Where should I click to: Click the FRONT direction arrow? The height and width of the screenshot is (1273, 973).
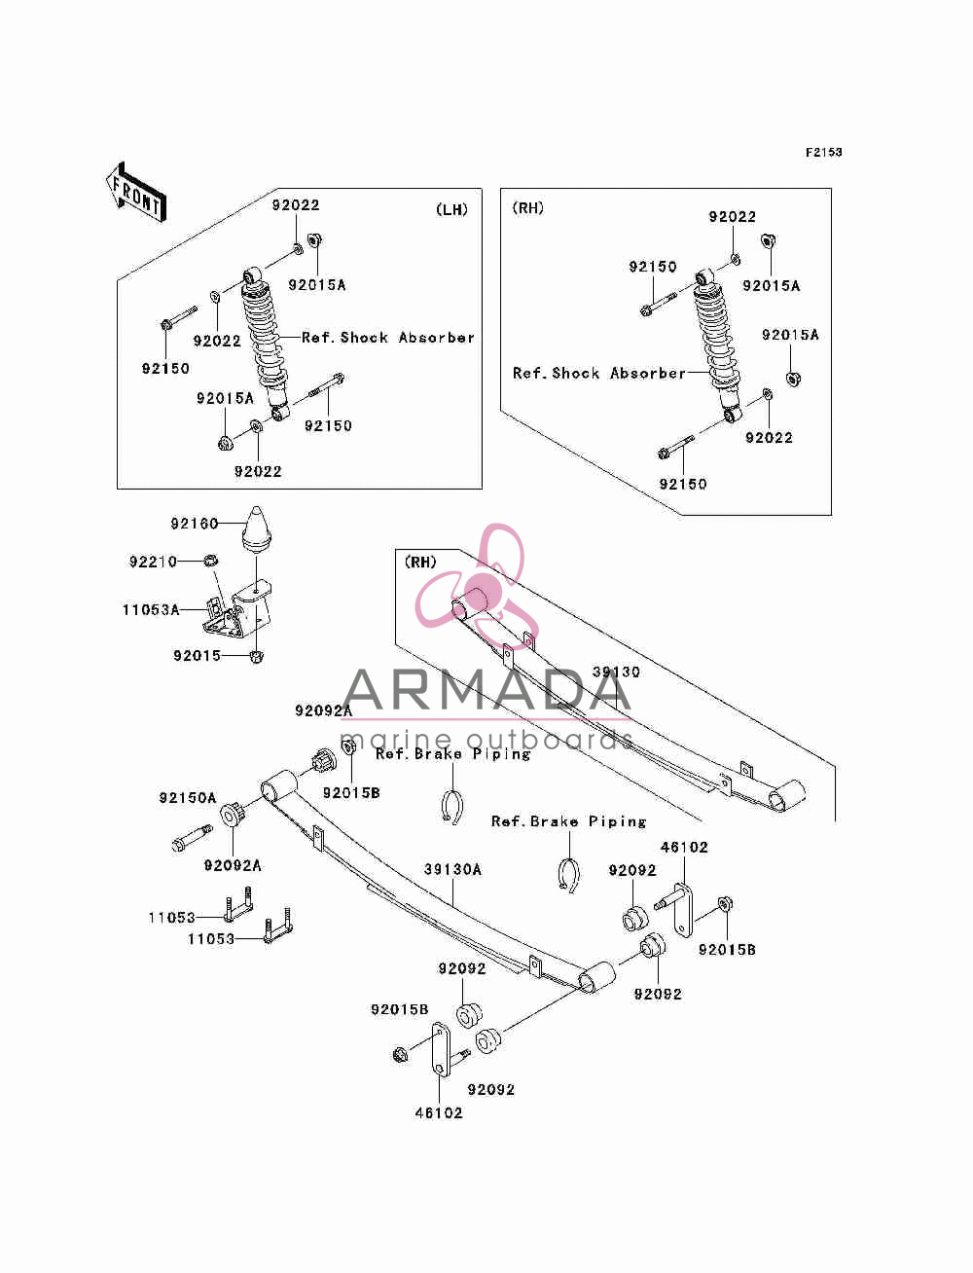(136, 192)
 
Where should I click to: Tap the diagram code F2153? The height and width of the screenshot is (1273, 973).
(823, 153)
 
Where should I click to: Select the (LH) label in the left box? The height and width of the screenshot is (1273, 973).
(451, 210)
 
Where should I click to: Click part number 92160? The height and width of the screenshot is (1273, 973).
(195, 524)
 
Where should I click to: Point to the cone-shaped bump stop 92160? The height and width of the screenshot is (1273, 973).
(256, 528)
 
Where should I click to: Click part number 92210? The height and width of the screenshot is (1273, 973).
(153, 562)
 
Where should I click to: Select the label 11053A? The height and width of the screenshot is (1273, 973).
(151, 609)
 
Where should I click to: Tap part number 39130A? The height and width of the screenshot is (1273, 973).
(452, 869)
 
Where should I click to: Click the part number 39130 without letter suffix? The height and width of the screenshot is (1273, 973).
(616, 672)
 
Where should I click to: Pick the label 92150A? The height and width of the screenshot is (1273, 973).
(188, 798)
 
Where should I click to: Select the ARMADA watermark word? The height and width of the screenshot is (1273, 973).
(486, 689)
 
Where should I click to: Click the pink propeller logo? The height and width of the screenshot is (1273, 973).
(477, 585)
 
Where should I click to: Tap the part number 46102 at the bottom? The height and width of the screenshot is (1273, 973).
(439, 1113)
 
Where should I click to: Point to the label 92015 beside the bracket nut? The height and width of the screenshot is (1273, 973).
(198, 656)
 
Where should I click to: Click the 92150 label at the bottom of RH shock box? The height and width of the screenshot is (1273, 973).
(683, 484)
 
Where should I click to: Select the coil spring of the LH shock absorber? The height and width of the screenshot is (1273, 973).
(264, 337)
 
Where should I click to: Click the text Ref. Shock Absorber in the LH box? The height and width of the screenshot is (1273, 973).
(388, 338)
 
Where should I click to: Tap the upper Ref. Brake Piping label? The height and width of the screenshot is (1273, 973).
(452, 754)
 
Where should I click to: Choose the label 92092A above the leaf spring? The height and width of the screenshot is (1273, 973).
(324, 710)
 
